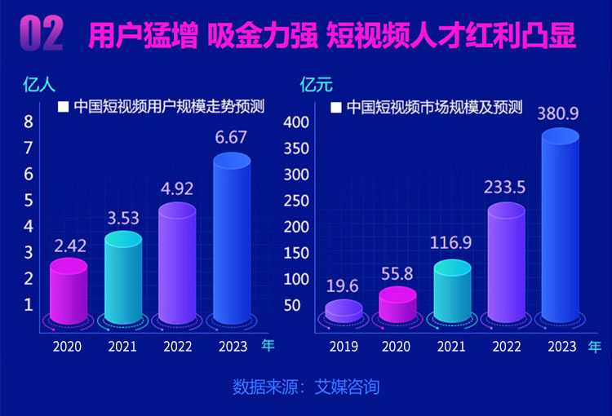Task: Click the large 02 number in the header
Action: tap(41, 34)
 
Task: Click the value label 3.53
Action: tap(122, 217)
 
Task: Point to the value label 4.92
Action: tap(176, 188)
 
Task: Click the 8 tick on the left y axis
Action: tap(29, 122)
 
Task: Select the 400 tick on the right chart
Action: tap(295, 122)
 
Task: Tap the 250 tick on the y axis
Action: tap(295, 201)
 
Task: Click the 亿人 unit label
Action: tap(35, 82)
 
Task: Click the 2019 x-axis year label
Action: tap(344, 347)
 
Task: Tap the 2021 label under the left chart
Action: tap(122, 347)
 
